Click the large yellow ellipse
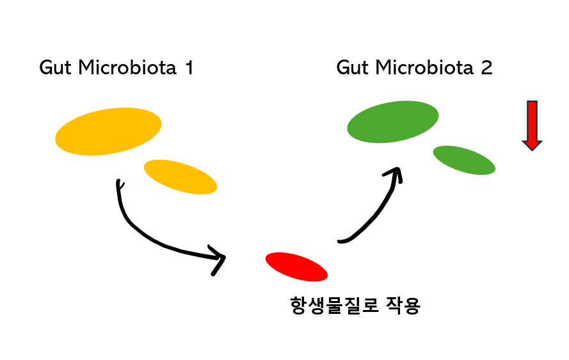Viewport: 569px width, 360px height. point(108,131)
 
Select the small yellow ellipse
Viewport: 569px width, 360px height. point(180,177)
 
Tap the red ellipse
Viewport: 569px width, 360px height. point(296,266)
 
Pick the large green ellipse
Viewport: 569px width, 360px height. point(393,122)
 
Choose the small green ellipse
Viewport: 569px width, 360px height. point(464,160)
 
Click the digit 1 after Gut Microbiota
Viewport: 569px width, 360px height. point(188,68)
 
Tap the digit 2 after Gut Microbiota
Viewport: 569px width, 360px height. point(486,68)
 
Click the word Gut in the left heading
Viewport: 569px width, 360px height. point(55,69)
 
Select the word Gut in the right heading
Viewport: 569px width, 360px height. point(352,69)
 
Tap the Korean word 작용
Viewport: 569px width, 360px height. point(402,305)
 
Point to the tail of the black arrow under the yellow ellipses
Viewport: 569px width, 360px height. point(118,184)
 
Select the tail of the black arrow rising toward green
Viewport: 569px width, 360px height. point(341,241)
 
